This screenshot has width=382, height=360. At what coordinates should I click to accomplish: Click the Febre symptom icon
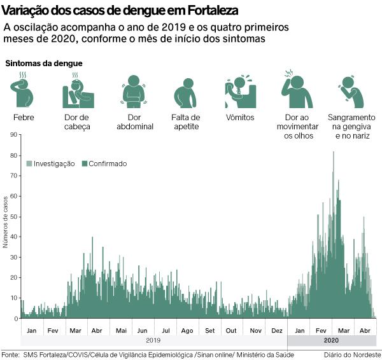[x=23, y=91]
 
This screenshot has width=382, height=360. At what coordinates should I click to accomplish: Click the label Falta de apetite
[x=186, y=121]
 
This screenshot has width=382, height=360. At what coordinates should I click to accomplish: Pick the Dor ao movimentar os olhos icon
[x=297, y=90]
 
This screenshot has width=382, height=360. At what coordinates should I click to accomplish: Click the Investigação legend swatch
[x=29, y=163]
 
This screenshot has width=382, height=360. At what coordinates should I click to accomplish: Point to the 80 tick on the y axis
[x=15, y=155]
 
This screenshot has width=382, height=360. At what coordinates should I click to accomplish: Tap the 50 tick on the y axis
[x=15, y=216]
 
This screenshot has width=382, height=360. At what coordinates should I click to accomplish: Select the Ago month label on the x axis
[x=187, y=331]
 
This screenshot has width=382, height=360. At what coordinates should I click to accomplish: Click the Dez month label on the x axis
[x=277, y=331]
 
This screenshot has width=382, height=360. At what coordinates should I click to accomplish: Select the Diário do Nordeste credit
[x=351, y=354]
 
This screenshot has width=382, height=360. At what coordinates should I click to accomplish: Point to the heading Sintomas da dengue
[x=44, y=64]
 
